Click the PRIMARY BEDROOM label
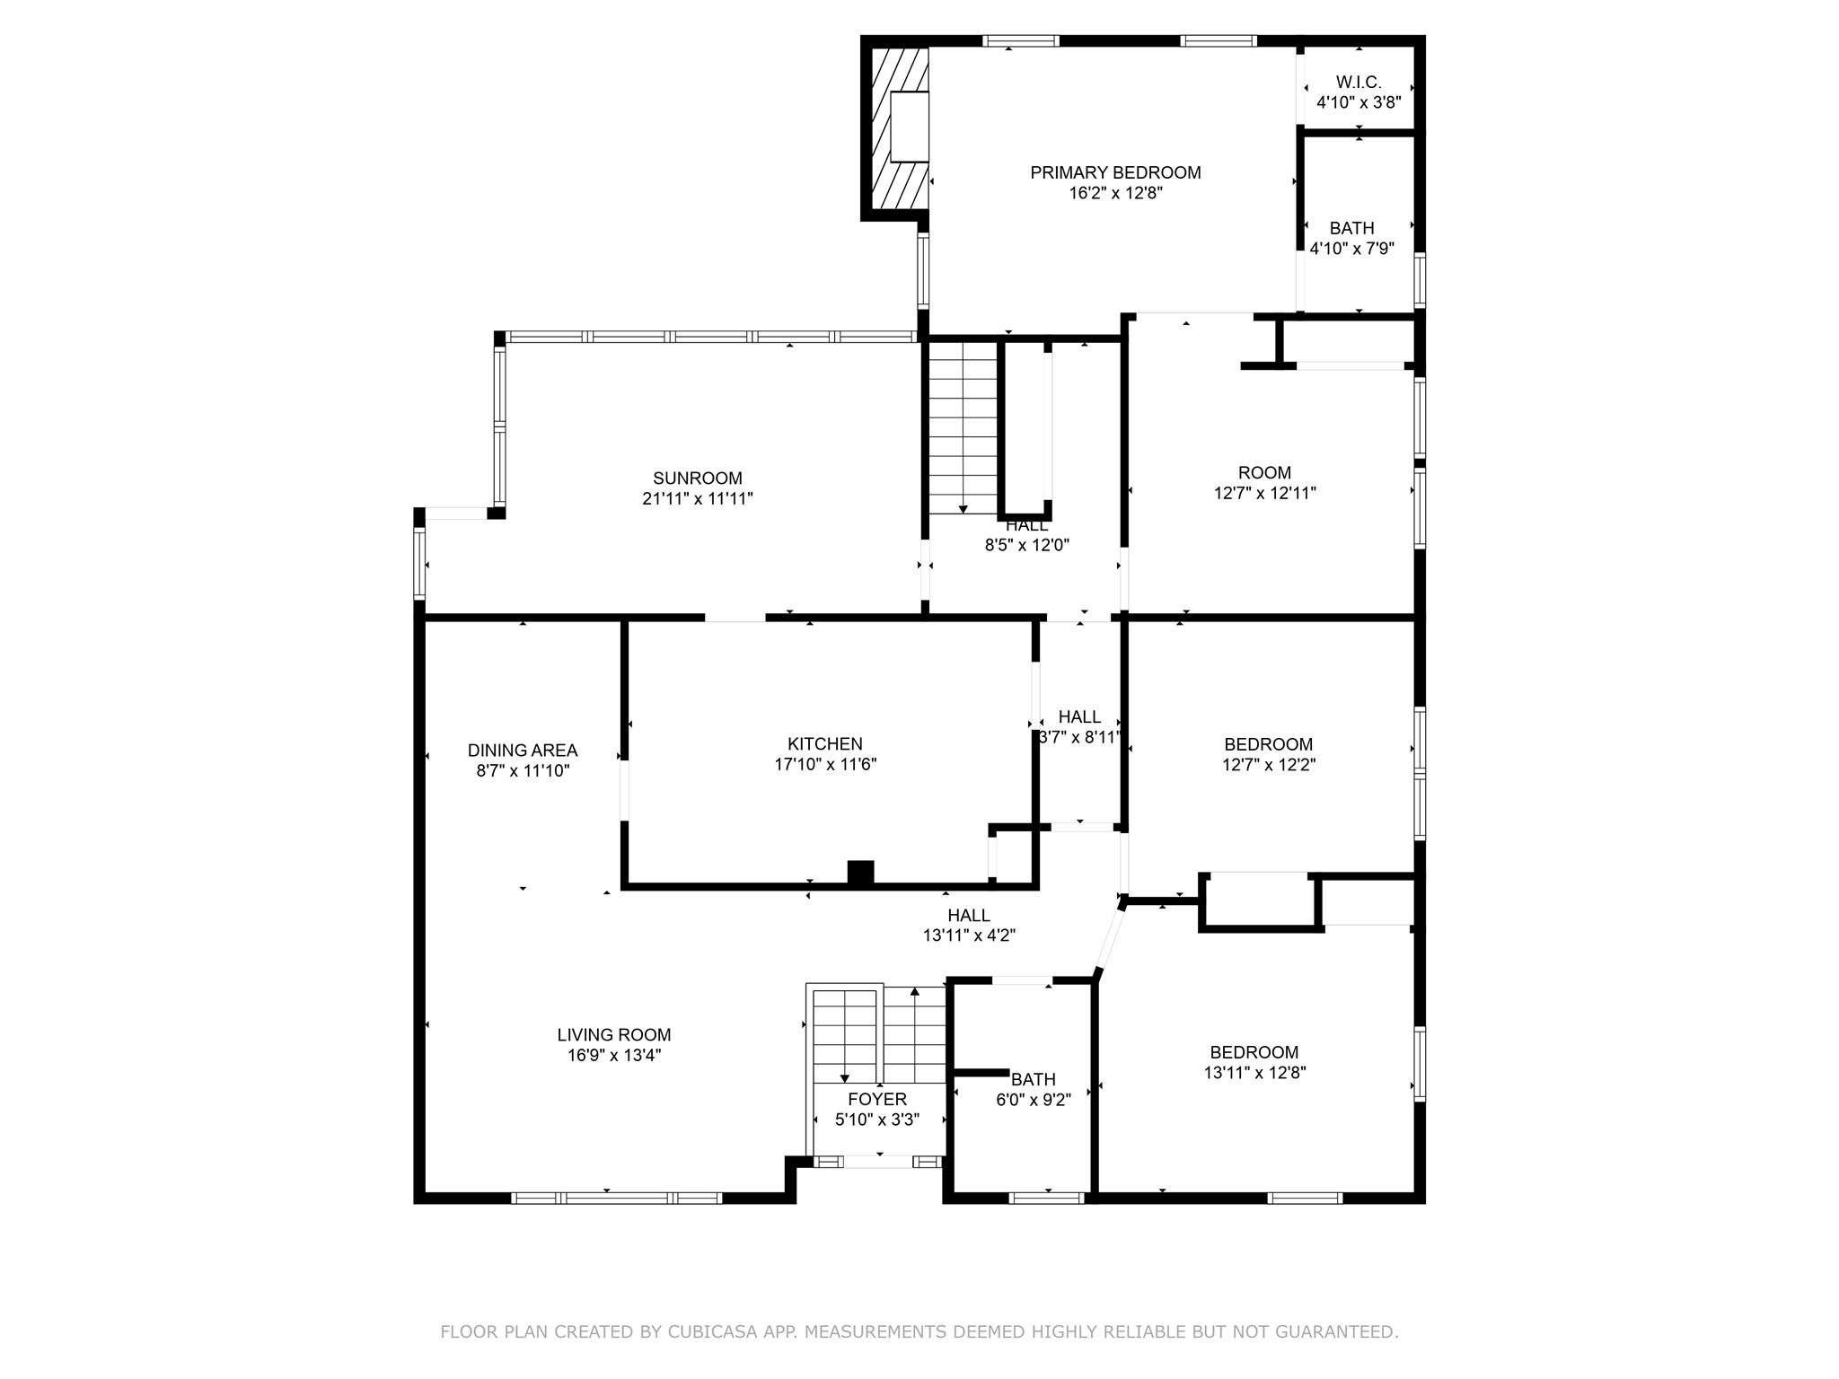coord(1115,172)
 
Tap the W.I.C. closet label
coord(1359,83)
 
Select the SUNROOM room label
coord(698,479)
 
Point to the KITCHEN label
coord(825,744)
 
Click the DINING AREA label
coord(523,751)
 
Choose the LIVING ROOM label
coord(614,1035)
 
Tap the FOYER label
coord(877,1100)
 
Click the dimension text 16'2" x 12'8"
coord(1115,193)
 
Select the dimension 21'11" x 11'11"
coord(698,498)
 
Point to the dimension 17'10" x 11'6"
coord(825,765)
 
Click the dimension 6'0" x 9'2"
coord(1034,1100)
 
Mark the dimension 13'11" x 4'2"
coord(969,935)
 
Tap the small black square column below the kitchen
coord(860,873)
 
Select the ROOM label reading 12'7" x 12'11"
coord(1264,473)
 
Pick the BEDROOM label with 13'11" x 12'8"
coord(1254,1053)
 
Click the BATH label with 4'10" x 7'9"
coord(1351,229)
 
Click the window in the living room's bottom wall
coord(617,1198)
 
